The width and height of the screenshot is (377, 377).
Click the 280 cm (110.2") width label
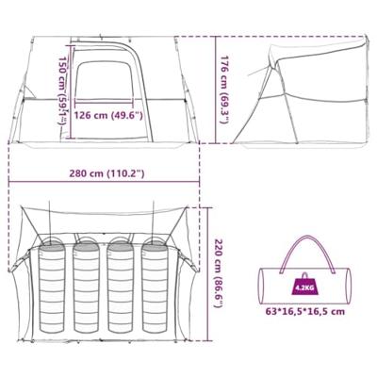[x=107, y=173]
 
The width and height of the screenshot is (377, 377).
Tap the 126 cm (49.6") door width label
[x=108, y=116]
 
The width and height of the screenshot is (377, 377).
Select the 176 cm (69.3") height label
[x=224, y=90]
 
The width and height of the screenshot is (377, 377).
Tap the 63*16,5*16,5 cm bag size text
[x=305, y=312]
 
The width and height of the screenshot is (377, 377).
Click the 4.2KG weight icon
[x=304, y=284]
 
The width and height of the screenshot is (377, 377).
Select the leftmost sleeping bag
[x=52, y=287]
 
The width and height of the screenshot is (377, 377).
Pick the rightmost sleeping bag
[x=156, y=287]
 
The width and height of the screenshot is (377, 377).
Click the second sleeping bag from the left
[x=87, y=287]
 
